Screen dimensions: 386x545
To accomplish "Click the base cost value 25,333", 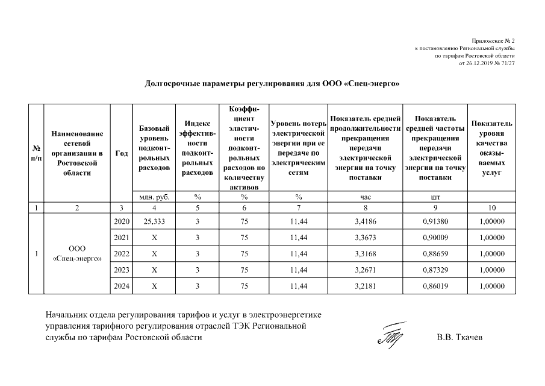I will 154,221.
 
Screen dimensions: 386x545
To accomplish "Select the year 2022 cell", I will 121,254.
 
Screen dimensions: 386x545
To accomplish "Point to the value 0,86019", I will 434,286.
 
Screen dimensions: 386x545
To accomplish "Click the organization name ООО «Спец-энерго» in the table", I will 77,254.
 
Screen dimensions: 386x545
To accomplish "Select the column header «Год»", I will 121,153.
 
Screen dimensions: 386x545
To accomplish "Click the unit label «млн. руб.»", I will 154,197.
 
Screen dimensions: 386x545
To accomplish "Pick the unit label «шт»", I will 435,197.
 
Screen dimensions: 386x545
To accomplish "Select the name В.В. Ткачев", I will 459,337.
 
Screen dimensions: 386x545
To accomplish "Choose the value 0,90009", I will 434,238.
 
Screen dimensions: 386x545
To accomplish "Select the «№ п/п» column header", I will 37,153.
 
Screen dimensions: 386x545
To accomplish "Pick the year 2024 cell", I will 121,286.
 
